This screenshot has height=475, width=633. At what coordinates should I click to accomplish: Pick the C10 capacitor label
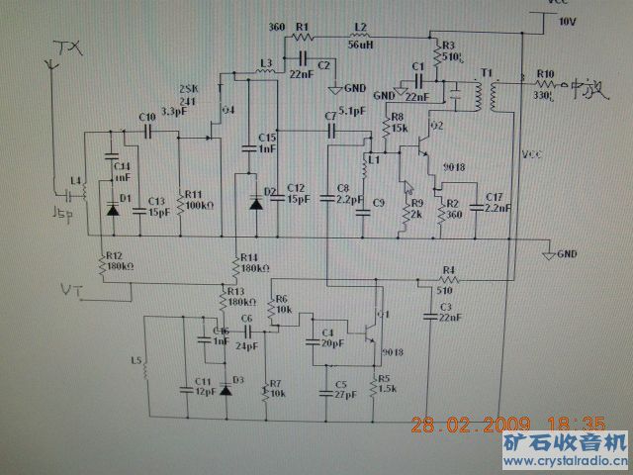[x=148, y=117]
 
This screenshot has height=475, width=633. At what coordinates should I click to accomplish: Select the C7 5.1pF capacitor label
[x=340, y=113]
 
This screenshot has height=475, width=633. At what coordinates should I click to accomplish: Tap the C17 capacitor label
[x=495, y=202]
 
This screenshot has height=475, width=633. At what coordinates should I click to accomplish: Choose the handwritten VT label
[x=71, y=289]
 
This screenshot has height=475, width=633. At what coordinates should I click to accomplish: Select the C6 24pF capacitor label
[x=247, y=325]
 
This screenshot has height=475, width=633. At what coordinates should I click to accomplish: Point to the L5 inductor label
[x=136, y=360]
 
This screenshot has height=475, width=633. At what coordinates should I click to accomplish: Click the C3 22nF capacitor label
[x=446, y=314]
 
